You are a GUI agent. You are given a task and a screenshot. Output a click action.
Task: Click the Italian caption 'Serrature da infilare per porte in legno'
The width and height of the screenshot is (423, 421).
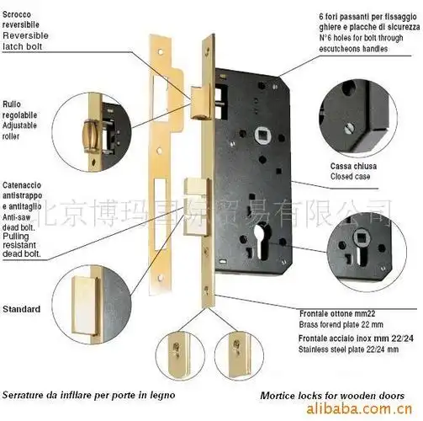pyautogui.click(x=87, y=393)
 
